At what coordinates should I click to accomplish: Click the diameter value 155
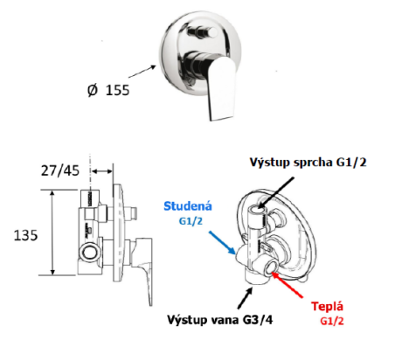(117, 90)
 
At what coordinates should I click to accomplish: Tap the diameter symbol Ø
(93, 90)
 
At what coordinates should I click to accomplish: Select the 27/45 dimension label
(60, 170)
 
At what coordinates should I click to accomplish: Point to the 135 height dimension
(25, 235)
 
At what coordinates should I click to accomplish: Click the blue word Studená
(188, 206)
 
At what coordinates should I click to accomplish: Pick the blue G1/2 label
(191, 221)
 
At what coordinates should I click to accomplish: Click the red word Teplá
(327, 307)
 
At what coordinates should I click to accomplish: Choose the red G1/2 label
(332, 321)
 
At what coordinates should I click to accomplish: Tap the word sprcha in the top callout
(313, 163)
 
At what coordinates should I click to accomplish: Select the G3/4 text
(258, 320)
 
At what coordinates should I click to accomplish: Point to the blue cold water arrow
(222, 242)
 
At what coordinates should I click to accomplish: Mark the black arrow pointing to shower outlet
(275, 192)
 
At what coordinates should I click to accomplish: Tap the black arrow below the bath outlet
(245, 297)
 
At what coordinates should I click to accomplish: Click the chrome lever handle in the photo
(221, 88)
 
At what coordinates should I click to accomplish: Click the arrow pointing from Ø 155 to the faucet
(142, 72)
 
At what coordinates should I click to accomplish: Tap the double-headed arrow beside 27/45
(101, 171)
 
